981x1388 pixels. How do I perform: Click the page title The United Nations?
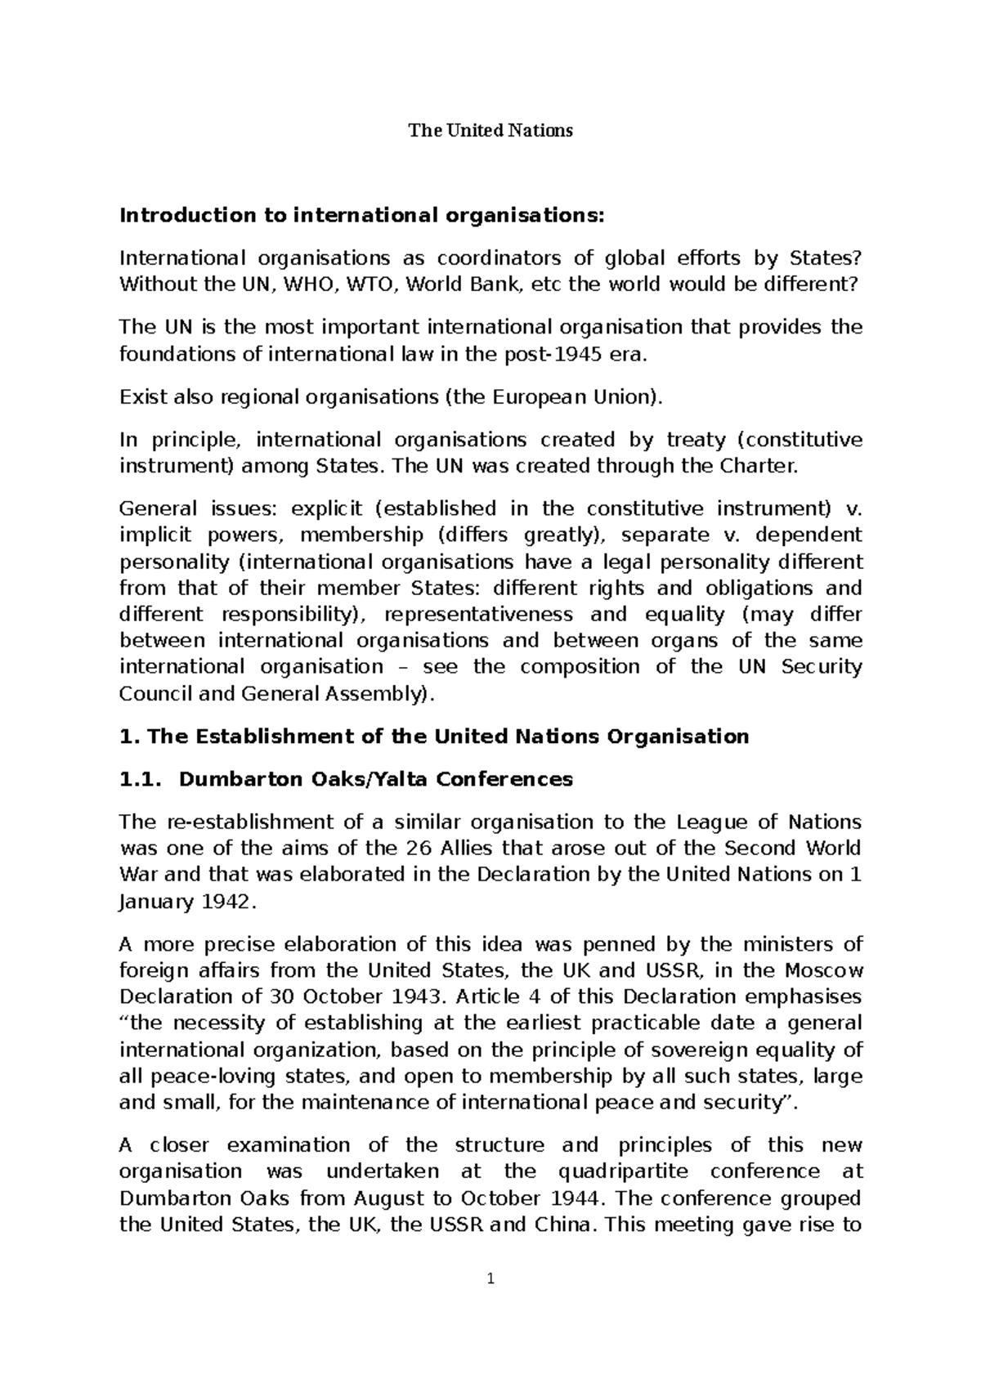pyautogui.click(x=490, y=131)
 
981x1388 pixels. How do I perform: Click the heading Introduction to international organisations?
pyautogui.click(x=364, y=216)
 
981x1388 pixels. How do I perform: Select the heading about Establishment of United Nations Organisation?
pyautogui.click(x=434, y=737)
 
